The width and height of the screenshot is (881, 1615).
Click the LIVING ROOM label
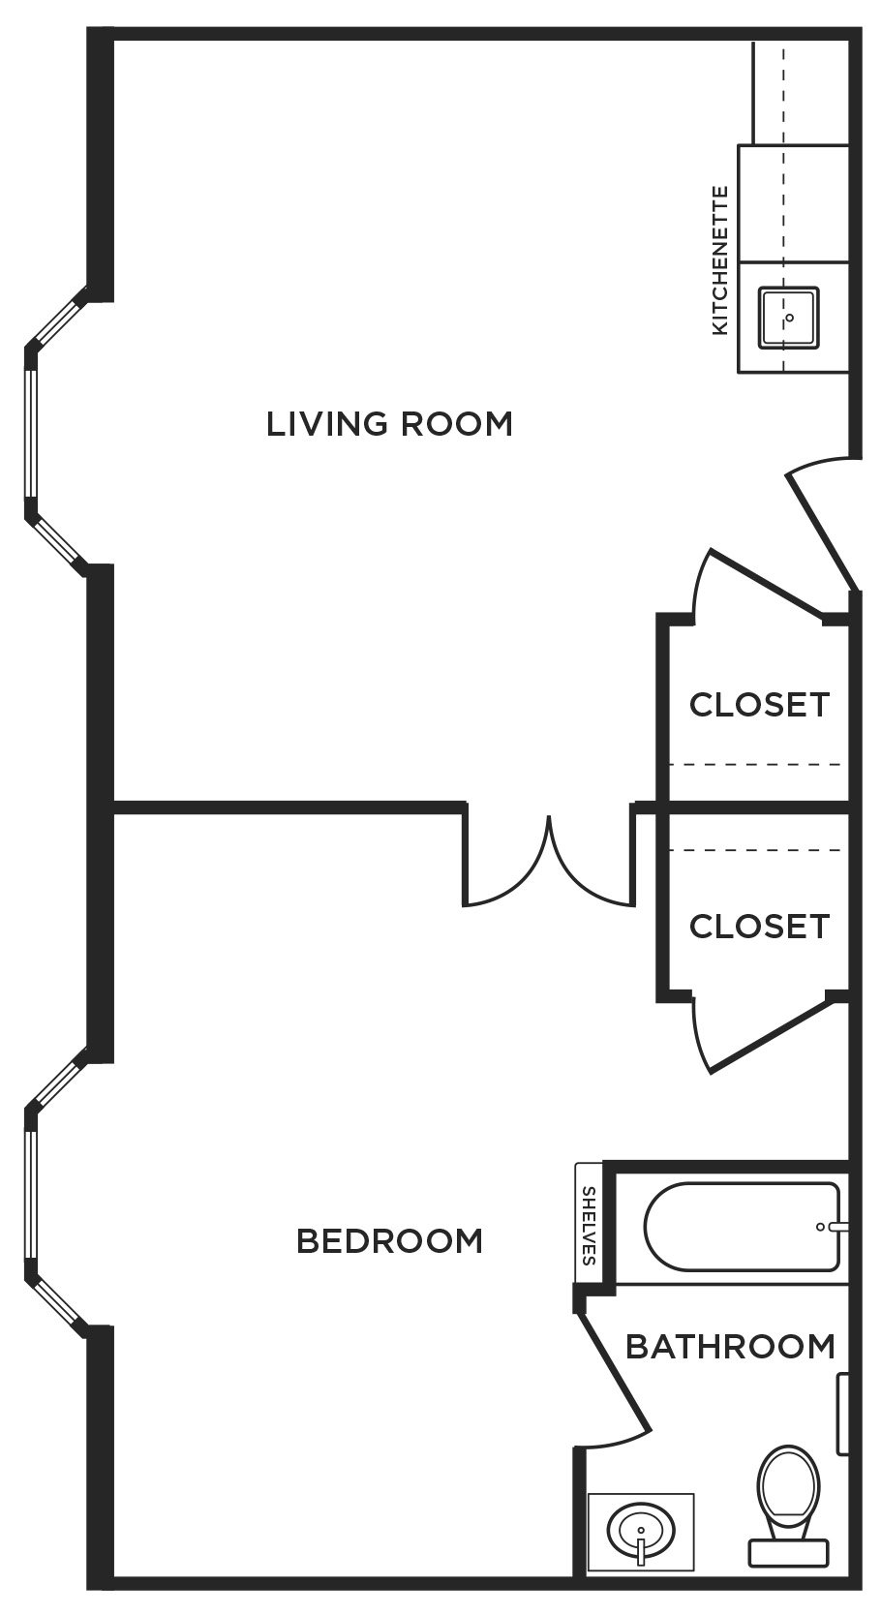click(389, 423)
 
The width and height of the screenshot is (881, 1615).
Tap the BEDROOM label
click(389, 1241)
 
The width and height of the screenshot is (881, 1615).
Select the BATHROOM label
click(730, 1346)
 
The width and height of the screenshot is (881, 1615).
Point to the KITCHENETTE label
click(720, 260)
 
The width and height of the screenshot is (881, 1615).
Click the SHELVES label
click(589, 1226)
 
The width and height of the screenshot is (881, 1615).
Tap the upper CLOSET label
click(759, 705)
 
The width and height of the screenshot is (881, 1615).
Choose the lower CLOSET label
click(759, 927)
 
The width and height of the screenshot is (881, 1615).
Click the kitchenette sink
click(789, 318)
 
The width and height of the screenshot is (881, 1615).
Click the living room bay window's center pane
click(30, 433)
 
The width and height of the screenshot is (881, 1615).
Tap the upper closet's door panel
click(768, 583)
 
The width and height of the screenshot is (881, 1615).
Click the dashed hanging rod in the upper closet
click(755, 764)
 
